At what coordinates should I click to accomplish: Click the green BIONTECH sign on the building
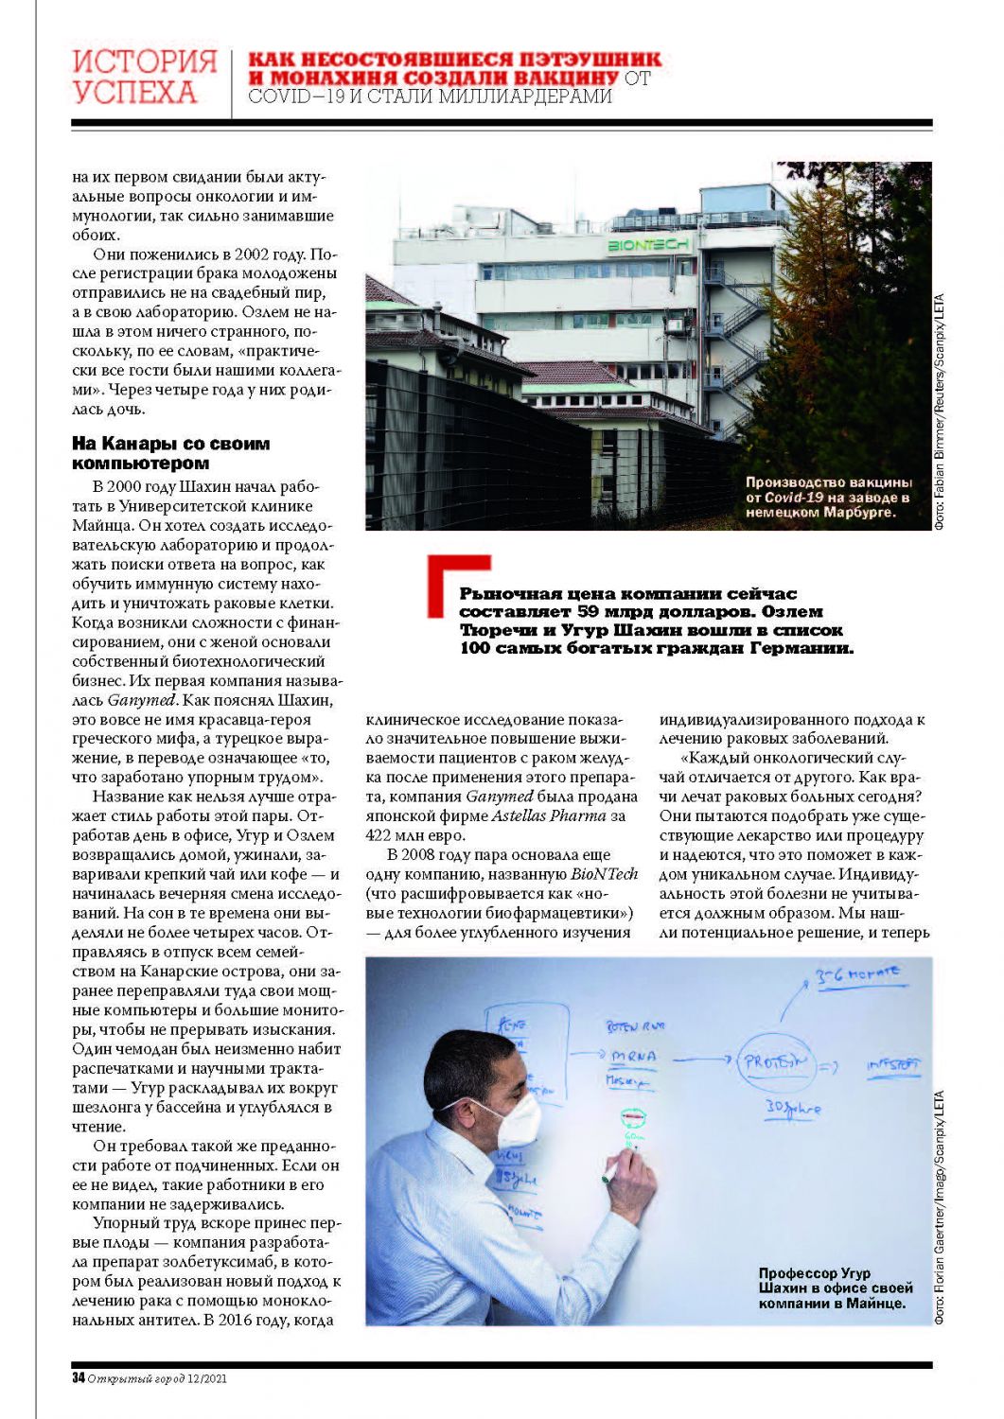648,245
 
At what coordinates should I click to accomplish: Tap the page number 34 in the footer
78,1377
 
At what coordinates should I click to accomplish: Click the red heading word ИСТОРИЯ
145,61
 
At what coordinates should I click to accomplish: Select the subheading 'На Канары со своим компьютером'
170,453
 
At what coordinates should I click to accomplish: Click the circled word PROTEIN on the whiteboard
775,1062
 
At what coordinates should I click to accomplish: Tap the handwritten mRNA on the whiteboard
633,1056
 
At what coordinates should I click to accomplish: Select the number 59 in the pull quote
592,612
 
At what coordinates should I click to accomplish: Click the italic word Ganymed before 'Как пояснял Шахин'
141,700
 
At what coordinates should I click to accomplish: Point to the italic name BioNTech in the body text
604,874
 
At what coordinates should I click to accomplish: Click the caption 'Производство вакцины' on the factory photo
828,482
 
